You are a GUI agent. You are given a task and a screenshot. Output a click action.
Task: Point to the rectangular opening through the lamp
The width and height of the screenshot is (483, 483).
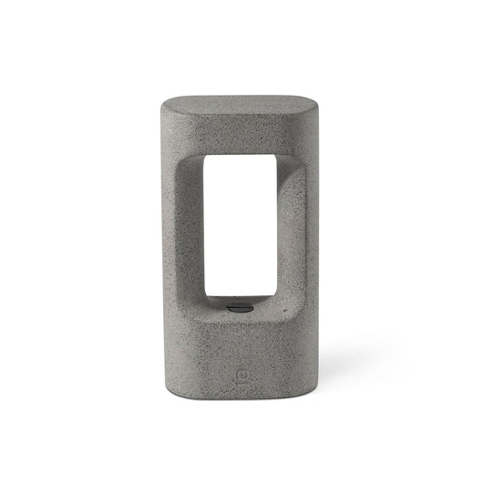pyautogui.click(x=237, y=228)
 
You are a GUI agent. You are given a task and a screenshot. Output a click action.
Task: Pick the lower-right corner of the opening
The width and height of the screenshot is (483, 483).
pyautogui.click(x=274, y=298)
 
